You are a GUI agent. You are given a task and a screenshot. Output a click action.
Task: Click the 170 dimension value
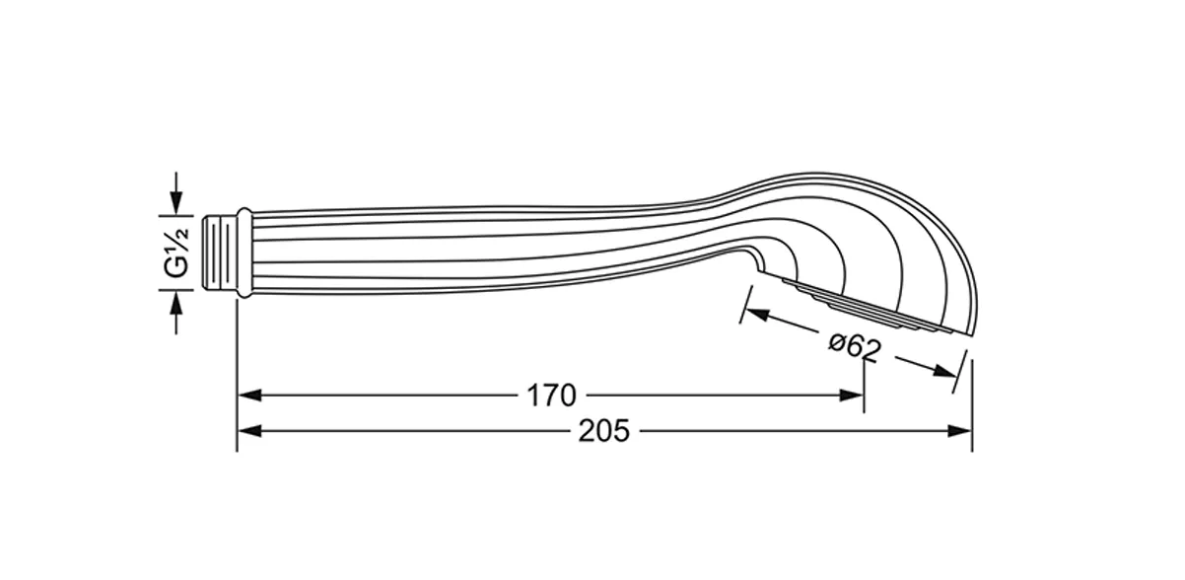[x=550, y=396]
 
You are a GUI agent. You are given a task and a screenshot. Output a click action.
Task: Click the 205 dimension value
[x=604, y=431]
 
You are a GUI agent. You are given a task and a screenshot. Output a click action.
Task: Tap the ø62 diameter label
[x=855, y=346]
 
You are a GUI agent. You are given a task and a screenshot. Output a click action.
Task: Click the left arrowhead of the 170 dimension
[x=248, y=396]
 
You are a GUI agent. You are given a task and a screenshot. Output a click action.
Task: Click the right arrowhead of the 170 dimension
[x=854, y=396]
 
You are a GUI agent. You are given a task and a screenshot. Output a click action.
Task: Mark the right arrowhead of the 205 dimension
[x=962, y=431]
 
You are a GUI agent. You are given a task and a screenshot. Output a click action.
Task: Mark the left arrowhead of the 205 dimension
[x=248, y=431]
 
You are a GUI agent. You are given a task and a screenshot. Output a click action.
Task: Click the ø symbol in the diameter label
[x=836, y=340]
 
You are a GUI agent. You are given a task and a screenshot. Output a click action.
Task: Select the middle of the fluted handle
[x=493, y=247]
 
